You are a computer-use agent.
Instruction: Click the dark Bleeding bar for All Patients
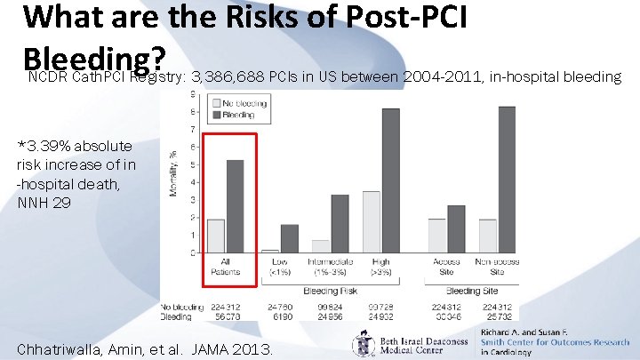(x=236, y=206)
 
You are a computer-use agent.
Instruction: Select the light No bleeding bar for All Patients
(x=216, y=236)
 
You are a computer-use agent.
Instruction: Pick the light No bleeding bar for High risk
(x=371, y=221)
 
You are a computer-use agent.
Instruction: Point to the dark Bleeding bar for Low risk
(x=289, y=238)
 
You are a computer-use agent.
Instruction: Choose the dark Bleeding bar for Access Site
(x=456, y=228)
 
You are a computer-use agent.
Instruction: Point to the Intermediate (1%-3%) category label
(x=330, y=265)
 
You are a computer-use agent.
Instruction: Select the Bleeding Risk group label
(x=330, y=291)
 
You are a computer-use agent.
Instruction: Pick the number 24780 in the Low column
(x=278, y=306)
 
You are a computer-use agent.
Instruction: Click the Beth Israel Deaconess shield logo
(x=364, y=343)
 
